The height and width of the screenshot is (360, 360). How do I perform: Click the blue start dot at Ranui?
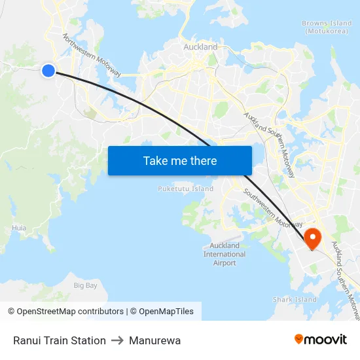pyautogui.click(x=48, y=70)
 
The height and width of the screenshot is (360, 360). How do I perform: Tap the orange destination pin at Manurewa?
pyautogui.click(x=312, y=238)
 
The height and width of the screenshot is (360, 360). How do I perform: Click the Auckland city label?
pyautogui.click(x=200, y=47)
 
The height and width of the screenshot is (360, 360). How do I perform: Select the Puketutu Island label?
pyautogui.click(x=185, y=189)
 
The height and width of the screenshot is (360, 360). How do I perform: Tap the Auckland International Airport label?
pyautogui.click(x=225, y=254)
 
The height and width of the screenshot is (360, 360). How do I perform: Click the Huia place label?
pyautogui.click(x=20, y=228)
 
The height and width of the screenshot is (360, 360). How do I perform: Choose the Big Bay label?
pyautogui.click(x=86, y=285)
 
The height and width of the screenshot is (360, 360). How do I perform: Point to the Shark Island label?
pyautogui.click(x=295, y=300)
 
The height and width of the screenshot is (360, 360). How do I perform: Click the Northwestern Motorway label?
pyautogui.click(x=92, y=56)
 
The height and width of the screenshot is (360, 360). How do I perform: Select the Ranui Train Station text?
pyautogui.click(x=60, y=340)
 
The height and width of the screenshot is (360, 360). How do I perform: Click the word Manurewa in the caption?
pyautogui.click(x=155, y=340)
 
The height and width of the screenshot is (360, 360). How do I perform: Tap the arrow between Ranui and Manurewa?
pyautogui.click(x=118, y=340)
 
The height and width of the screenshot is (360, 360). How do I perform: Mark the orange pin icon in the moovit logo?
pyautogui.click(x=299, y=339)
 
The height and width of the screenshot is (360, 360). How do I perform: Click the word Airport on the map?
pyautogui.click(x=225, y=263)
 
